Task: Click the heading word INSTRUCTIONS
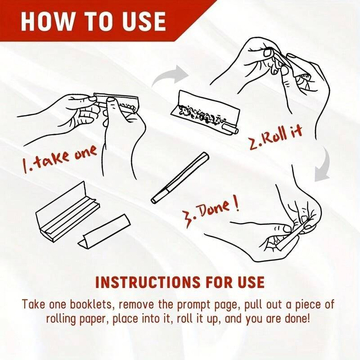135,283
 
